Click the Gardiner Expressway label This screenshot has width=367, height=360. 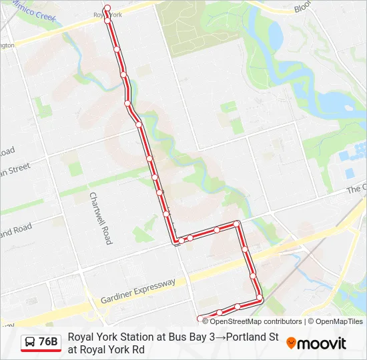click(138, 291)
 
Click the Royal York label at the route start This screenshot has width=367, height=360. click(109, 14)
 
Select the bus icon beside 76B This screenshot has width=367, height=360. click(29, 343)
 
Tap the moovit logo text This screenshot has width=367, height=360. click(322, 343)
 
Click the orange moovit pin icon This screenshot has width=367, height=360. click(291, 343)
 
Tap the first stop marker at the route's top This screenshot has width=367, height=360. click(107, 9)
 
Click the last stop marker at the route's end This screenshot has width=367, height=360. click(200, 318)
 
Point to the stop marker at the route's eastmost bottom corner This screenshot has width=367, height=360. click(260, 297)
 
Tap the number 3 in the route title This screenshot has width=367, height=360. click(211, 337)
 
